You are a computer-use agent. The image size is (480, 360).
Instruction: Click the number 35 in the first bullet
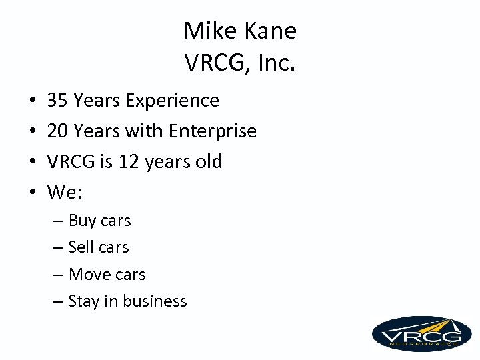[x=58, y=101]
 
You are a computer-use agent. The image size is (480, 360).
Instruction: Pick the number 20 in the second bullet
[x=58, y=131]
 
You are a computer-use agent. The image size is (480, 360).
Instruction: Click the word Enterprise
[x=213, y=131]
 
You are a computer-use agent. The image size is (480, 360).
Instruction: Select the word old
[x=207, y=162]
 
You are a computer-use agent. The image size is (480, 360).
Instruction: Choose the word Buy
[x=83, y=221]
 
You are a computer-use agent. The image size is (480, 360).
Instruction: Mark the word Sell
[x=81, y=247]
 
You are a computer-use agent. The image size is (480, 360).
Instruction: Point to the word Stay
[x=83, y=301]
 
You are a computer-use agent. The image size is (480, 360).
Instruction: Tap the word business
[x=155, y=301]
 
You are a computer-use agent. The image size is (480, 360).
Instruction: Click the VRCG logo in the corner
[x=421, y=333]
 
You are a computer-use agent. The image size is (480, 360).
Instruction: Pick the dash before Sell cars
[x=58, y=248]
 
